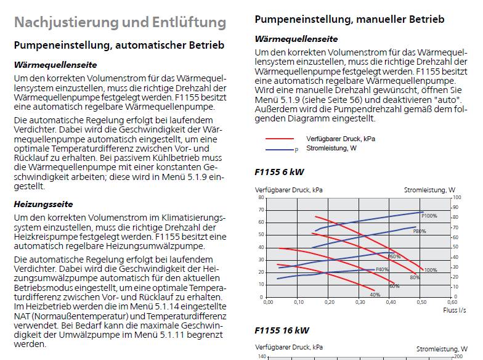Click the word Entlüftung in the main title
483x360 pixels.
point(189,23)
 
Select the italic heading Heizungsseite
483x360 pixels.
point(43,205)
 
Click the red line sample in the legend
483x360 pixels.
point(280,139)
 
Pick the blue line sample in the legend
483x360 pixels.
point(280,150)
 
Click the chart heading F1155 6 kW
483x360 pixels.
point(280,172)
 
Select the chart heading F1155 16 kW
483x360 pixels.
point(282,330)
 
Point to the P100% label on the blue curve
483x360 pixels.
point(429,216)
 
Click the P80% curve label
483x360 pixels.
point(420,231)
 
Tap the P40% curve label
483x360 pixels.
point(382,269)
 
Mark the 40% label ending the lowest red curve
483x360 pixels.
point(375,295)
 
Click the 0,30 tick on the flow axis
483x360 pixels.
point(360,302)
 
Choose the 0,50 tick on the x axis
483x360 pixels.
point(421,302)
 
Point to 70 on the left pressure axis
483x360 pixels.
point(261,210)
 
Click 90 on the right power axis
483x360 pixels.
point(456,207)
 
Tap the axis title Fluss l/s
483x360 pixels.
point(455,310)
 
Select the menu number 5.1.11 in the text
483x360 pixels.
point(172,335)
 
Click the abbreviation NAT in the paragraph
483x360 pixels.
point(22,316)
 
